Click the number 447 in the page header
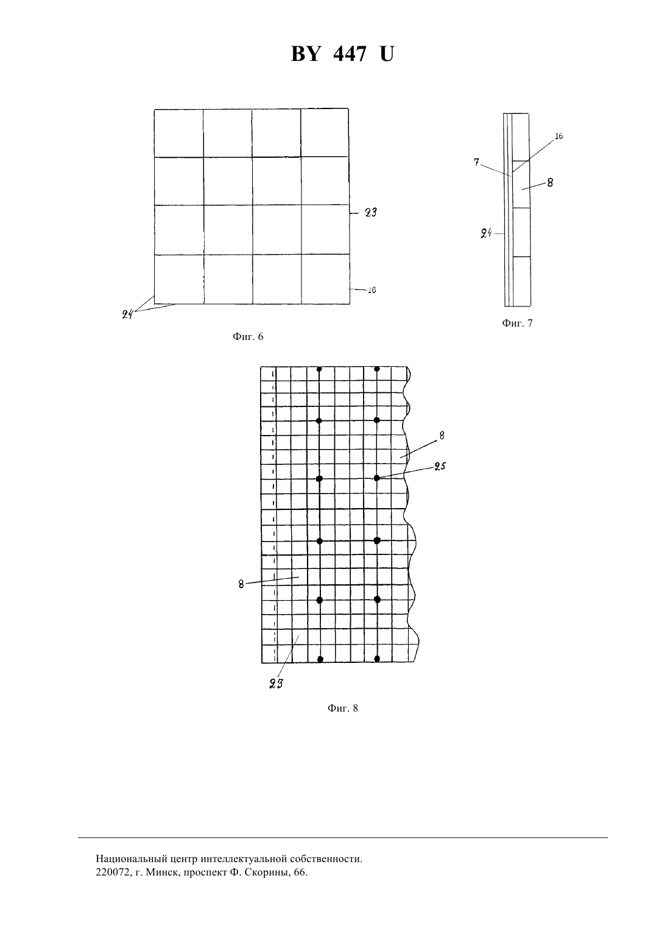[x=350, y=54]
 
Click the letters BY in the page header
[x=305, y=54]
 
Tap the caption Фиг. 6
[x=248, y=337]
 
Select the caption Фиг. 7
[x=517, y=324]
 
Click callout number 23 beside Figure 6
[x=370, y=213]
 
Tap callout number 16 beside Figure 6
[x=372, y=290]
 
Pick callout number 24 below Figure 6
[x=127, y=314]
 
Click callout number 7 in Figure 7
[x=476, y=162]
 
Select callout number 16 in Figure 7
[x=559, y=136]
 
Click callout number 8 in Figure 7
[x=550, y=183]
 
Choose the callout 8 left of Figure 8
[x=241, y=584]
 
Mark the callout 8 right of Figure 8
[x=442, y=436]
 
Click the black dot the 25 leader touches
[x=376, y=478]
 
